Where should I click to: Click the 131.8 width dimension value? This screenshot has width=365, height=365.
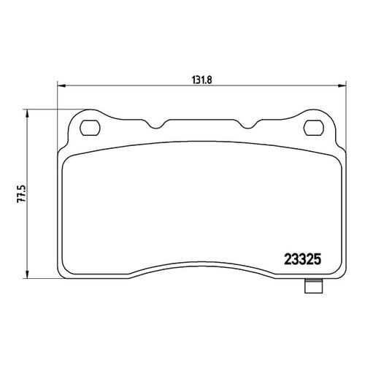pos(202,80)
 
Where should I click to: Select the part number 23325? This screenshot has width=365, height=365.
pos(303,259)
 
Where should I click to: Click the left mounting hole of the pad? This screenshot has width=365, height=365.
pos(90,128)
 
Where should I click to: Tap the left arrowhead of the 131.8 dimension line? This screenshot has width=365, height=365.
pos(61,85)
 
